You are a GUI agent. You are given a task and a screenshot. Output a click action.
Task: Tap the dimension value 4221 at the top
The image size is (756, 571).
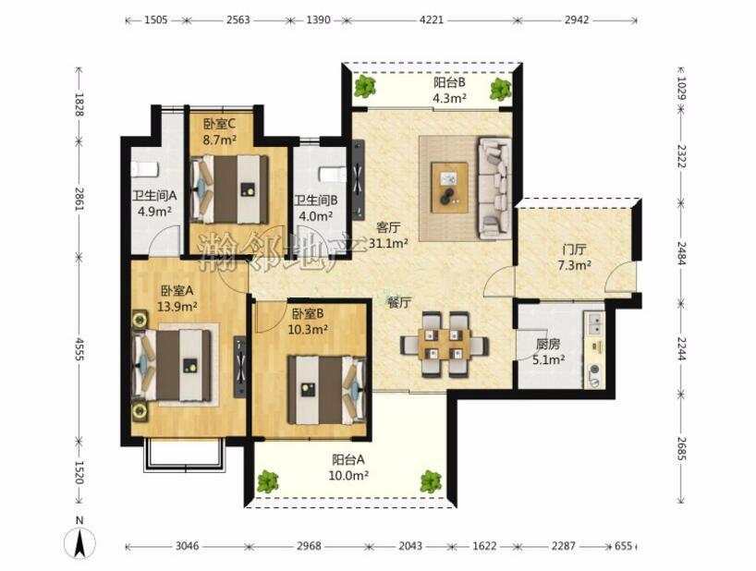(x=432, y=20)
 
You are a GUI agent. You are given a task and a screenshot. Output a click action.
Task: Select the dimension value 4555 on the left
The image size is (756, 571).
(x=79, y=349)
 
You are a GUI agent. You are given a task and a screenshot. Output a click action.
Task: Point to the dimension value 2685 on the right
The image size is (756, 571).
(x=681, y=448)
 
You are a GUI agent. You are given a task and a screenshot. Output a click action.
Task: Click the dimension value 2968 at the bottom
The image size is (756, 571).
(x=309, y=546)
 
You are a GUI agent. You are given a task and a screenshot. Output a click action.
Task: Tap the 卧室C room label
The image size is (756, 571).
(x=219, y=125)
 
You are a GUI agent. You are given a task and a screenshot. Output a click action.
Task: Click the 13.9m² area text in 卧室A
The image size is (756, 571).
(x=177, y=306)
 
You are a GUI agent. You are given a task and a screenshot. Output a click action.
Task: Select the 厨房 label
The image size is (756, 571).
(x=548, y=344)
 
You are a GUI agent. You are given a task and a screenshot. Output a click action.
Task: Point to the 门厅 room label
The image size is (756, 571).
(x=574, y=249)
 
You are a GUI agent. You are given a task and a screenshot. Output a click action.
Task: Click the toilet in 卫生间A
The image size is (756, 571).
(x=145, y=170)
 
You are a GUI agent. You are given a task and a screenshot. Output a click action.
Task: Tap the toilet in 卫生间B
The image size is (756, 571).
(x=333, y=174)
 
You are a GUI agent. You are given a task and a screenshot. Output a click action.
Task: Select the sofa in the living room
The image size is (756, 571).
(x=494, y=188)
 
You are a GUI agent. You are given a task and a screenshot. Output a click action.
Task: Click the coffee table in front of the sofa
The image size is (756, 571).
(x=450, y=188)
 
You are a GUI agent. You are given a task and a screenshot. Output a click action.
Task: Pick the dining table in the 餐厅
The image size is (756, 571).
(x=444, y=344)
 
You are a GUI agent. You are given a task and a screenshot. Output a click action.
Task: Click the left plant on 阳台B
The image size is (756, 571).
(x=364, y=87)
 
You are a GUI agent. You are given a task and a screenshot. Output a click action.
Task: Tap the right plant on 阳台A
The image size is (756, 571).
(x=431, y=481)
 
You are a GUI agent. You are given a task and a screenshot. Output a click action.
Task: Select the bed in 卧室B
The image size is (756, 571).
(x=327, y=390)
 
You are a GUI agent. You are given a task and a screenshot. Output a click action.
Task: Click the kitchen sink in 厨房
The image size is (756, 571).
(x=594, y=323)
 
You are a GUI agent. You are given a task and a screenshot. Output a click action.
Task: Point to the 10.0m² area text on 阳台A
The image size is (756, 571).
(x=348, y=476)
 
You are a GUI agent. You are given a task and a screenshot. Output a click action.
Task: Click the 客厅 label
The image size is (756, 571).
(x=388, y=227)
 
